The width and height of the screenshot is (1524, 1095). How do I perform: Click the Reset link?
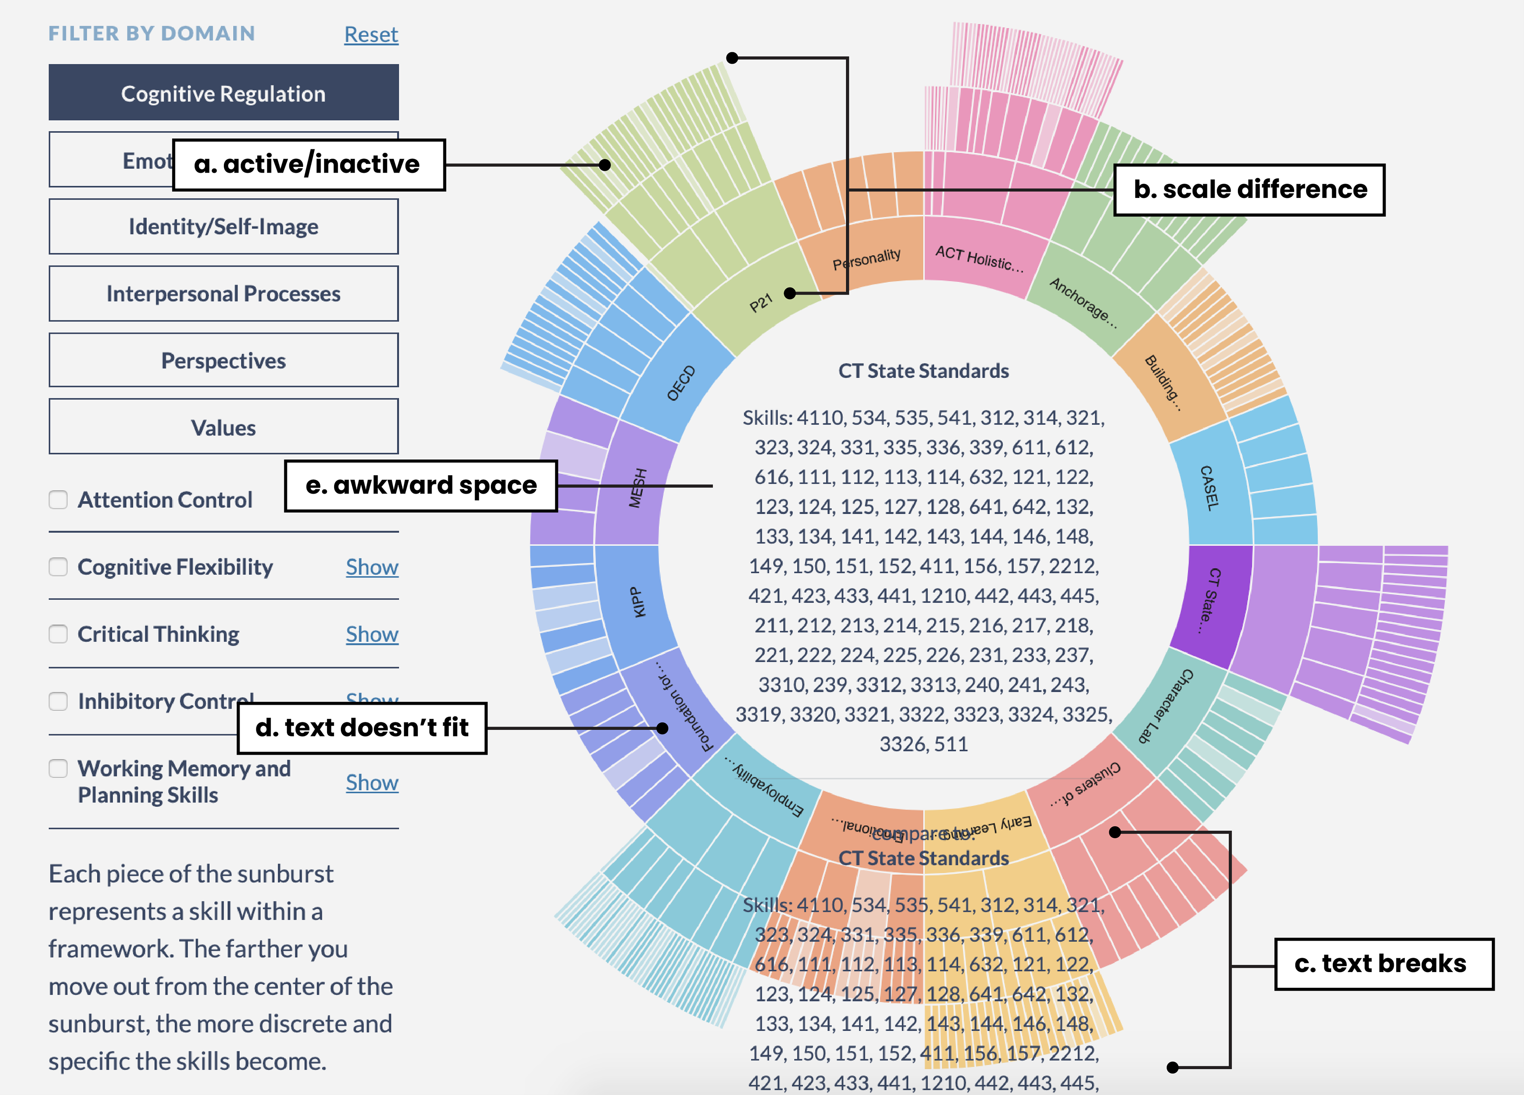click(x=371, y=34)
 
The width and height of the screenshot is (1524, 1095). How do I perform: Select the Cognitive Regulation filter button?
click(x=223, y=93)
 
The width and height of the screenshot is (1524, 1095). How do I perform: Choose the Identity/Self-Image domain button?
click(x=223, y=227)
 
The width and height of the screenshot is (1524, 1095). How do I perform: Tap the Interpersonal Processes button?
click(x=223, y=294)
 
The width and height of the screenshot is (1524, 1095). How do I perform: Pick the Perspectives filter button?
click(x=223, y=361)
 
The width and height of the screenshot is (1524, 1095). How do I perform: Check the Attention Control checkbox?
click(x=58, y=500)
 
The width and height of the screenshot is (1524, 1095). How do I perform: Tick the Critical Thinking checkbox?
click(x=58, y=634)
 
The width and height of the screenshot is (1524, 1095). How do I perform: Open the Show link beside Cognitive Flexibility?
click(x=371, y=567)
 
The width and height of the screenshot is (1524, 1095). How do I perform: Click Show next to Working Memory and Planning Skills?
click(x=371, y=783)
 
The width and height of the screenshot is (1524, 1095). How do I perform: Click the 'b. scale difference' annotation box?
click(x=1249, y=189)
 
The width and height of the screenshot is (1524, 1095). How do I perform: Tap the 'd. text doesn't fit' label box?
click(x=362, y=728)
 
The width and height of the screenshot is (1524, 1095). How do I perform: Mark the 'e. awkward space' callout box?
click(x=421, y=486)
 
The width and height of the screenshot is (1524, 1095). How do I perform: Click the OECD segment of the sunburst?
click(x=680, y=383)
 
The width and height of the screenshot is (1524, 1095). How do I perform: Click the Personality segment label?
click(x=867, y=259)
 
